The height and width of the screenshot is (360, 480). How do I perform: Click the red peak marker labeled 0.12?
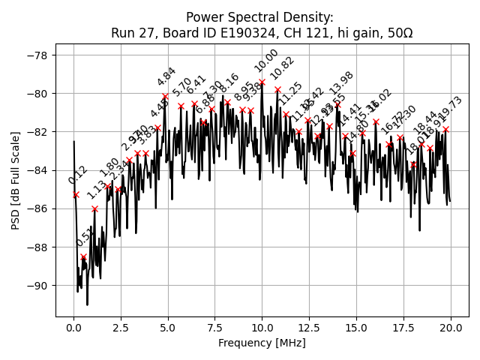click(x=76, y=194)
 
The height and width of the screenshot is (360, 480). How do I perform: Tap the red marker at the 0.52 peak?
click(x=83, y=256)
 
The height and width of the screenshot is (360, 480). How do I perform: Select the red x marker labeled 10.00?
click(x=262, y=82)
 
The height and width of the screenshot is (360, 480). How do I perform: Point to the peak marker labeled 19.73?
click(x=445, y=129)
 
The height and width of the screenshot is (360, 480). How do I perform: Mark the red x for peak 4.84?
click(x=165, y=96)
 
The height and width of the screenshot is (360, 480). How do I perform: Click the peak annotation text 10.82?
click(x=283, y=68)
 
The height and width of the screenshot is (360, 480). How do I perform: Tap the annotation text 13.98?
click(x=341, y=83)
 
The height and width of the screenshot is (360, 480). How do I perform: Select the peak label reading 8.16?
click(x=229, y=83)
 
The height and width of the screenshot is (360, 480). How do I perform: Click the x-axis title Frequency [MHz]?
click(x=261, y=343)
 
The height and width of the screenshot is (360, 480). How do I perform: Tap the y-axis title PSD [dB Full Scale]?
click(x=15, y=171)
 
